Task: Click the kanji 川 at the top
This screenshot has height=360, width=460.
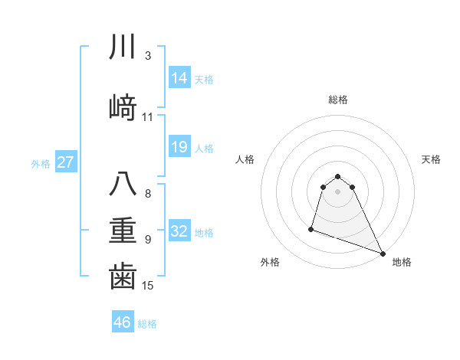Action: (x=123, y=47)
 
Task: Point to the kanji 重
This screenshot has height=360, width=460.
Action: (x=123, y=230)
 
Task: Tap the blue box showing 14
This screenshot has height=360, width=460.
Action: (x=179, y=78)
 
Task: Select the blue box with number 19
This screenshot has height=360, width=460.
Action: (x=179, y=147)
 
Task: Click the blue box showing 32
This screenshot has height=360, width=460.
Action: (x=179, y=231)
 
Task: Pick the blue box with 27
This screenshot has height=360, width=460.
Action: (x=66, y=162)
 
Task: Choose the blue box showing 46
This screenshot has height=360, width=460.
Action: (x=123, y=322)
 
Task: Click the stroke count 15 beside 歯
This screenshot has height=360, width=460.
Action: (x=148, y=286)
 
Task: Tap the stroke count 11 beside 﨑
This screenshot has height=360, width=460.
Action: (x=148, y=117)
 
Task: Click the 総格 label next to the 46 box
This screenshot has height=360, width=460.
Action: (x=147, y=324)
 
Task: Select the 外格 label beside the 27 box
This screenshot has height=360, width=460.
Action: (x=41, y=163)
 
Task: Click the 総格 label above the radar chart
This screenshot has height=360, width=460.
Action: (x=338, y=100)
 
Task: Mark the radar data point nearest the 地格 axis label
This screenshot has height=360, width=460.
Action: (x=383, y=254)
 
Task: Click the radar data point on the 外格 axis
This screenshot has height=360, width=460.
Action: (x=312, y=228)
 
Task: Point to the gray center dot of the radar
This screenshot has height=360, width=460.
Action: (x=338, y=191)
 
